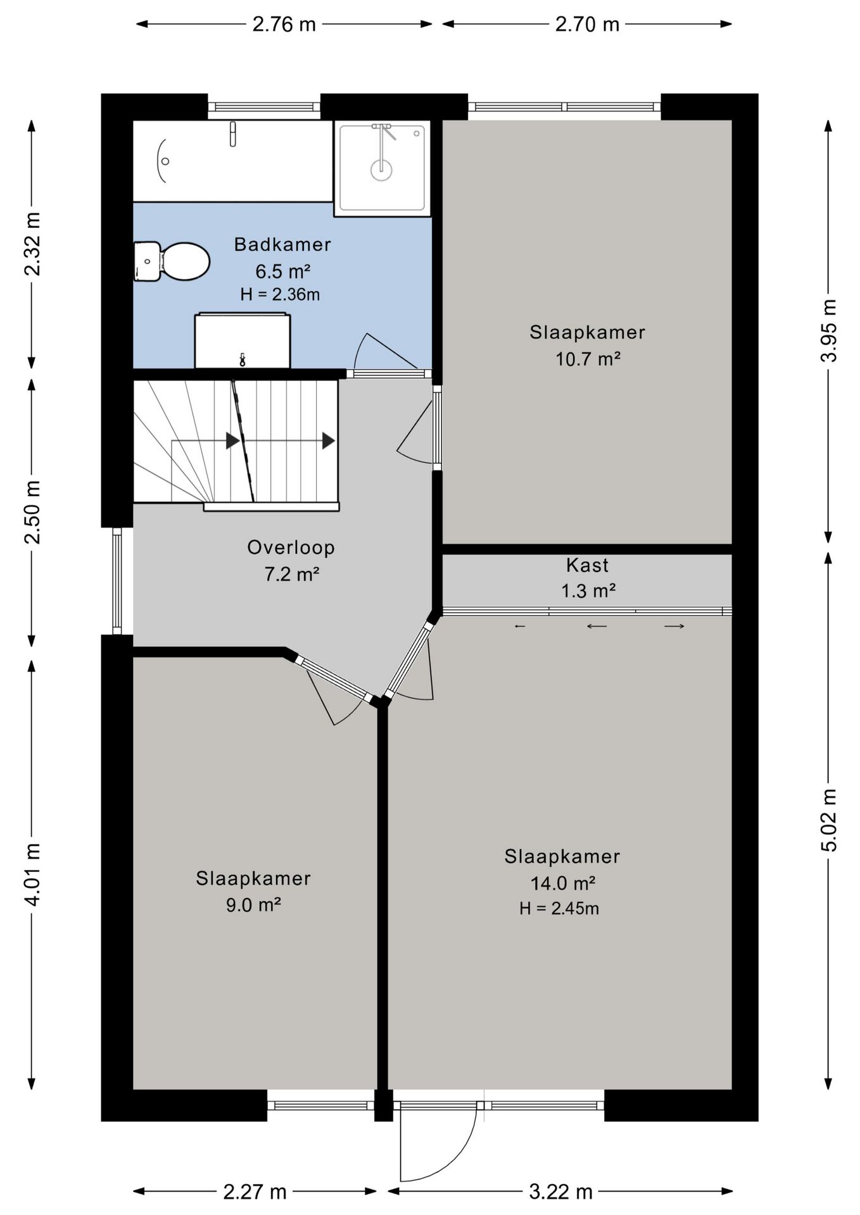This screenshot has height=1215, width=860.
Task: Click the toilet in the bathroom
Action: pyautogui.click(x=172, y=261)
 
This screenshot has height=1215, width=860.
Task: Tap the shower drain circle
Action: pyautogui.click(x=381, y=170)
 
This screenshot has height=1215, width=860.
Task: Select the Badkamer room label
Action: pyautogui.click(x=282, y=244)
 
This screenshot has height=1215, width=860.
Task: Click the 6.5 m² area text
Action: pyautogui.click(x=282, y=271)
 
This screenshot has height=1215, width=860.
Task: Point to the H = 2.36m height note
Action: pyautogui.click(x=280, y=294)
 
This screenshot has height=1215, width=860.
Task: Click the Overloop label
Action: pyautogui.click(x=291, y=547)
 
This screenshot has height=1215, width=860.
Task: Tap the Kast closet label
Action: pyautogui.click(x=587, y=564)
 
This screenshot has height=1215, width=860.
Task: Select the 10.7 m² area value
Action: pyautogui.click(x=588, y=359)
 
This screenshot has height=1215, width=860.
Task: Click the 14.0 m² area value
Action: pyautogui.click(x=562, y=883)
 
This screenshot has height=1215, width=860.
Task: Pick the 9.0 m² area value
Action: pyautogui.click(x=253, y=905)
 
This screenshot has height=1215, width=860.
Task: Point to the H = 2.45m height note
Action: pyautogui.click(x=559, y=909)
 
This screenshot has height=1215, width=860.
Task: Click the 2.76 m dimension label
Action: pyautogui.click(x=284, y=24)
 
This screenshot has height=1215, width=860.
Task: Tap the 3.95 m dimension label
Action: pyautogui.click(x=828, y=330)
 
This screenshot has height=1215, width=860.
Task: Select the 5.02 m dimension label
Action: pyautogui.click(x=828, y=820)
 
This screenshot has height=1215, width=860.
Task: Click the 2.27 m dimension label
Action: pyautogui.click(x=255, y=1192)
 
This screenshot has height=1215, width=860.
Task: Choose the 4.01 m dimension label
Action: pyautogui.click(x=32, y=874)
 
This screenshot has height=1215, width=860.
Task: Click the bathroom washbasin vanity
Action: pyautogui.click(x=243, y=340)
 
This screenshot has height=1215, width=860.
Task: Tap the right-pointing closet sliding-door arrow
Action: pyautogui.click(x=674, y=626)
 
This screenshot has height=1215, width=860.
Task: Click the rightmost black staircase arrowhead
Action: pyautogui.click(x=328, y=440)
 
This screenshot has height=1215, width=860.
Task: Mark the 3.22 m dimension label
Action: pyautogui.click(x=560, y=1192)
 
